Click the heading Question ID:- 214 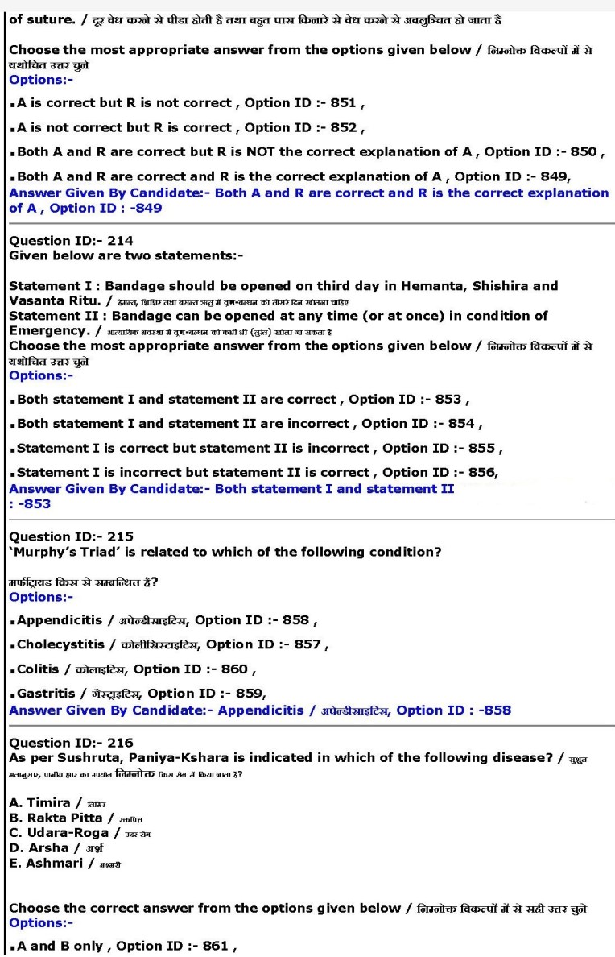(71, 241)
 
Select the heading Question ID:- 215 (71, 536)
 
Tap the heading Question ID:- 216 (71, 743)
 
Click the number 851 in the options (344, 103)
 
